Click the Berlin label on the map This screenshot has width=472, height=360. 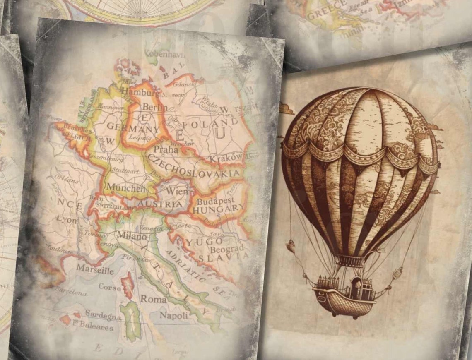tap(155, 107)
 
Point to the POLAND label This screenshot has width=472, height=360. tap(210, 124)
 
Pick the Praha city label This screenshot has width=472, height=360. tap(166, 149)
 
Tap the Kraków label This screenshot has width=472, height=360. tap(226, 158)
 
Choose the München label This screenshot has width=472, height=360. tap(126, 187)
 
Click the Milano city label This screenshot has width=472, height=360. tap(132, 236)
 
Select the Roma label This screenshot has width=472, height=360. tap(154, 299)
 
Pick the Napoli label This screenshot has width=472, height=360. tap(174, 315)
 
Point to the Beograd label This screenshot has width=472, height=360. tap(227, 249)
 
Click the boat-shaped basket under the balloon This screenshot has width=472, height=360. tap(344, 300)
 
